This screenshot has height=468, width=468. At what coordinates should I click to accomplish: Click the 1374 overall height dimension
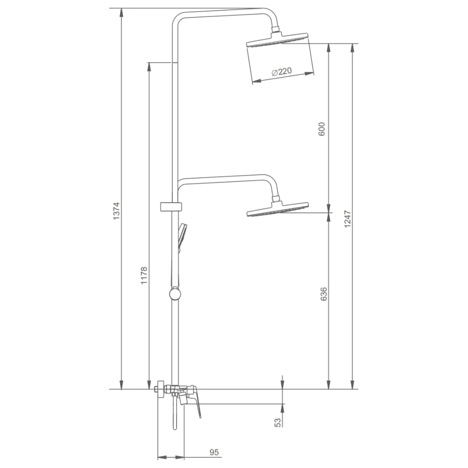116,211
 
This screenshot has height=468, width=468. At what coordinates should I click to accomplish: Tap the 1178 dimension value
144,275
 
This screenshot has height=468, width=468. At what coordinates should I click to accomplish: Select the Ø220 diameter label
282,72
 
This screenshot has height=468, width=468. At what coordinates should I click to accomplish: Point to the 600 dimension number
321,129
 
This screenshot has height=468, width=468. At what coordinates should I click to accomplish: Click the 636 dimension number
324,294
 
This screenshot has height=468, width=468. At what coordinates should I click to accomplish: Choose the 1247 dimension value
347,219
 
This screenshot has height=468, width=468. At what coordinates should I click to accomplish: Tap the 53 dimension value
277,422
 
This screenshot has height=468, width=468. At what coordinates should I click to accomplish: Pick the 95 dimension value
214,452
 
